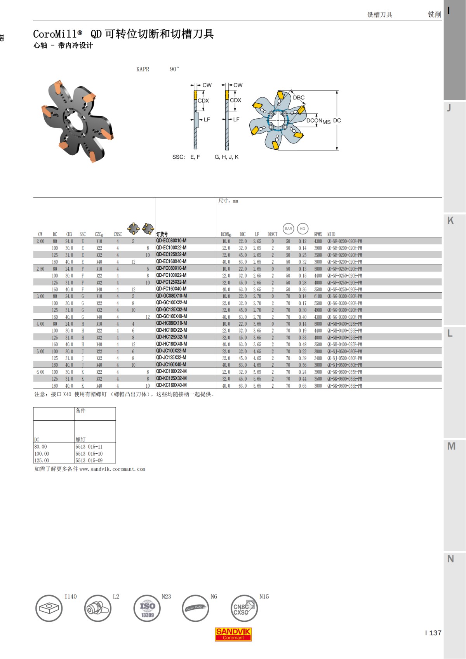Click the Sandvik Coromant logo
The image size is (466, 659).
[x=233, y=634]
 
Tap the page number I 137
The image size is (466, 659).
[x=433, y=633]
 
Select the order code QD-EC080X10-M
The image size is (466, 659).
[x=171, y=241]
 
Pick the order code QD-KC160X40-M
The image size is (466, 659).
[x=171, y=385]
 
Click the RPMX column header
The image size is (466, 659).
[x=318, y=234]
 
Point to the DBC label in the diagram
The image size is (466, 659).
[x=299, y=97]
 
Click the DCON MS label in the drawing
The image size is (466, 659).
[x=318, y=121]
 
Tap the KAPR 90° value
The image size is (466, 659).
[x=174, y=69]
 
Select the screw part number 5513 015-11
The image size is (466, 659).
[x=89, y=447]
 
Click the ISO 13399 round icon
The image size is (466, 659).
[x=147, y=609]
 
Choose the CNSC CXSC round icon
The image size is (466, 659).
[x=243, y=609]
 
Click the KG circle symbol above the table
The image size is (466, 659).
[x=303, y=229]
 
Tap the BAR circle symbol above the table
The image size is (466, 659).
[x=288, y=229]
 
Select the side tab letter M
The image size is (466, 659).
[x=451, y=446]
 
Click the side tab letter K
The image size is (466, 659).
[x=450, y=220]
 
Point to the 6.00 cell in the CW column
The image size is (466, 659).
[x=40, y=372]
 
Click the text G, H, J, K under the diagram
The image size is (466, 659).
[x=226, y=157]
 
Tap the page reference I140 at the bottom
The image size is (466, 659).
[x=71, y=597]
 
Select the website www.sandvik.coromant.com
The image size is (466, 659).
[x=112, y=469]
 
